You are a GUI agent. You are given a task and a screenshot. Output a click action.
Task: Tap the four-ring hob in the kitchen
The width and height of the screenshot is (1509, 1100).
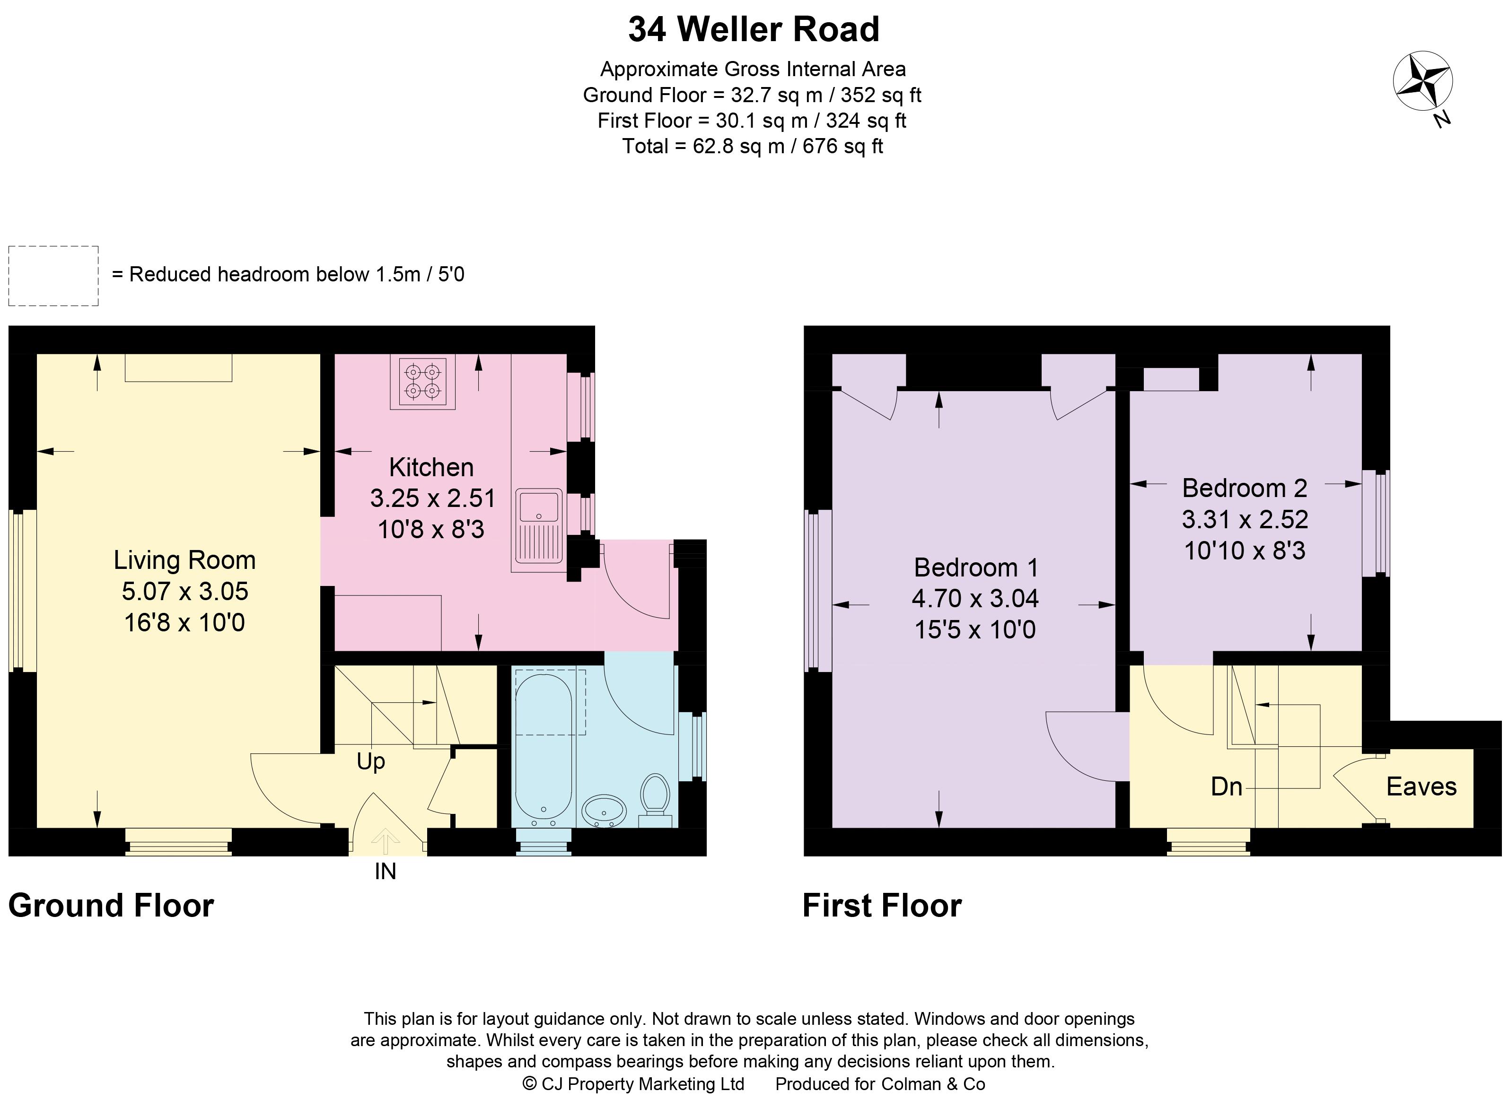[x=423, y=382]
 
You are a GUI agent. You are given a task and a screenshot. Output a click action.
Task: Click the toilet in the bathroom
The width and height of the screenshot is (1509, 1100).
[x=655, y=796]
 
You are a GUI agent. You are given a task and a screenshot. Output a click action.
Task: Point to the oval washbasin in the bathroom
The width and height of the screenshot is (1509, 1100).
[x=604, y=811]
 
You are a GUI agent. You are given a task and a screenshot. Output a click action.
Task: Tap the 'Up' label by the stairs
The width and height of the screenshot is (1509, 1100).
[x=370, y=761]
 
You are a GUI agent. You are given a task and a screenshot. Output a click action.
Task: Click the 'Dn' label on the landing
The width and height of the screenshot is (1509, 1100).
[x=1226, y=787]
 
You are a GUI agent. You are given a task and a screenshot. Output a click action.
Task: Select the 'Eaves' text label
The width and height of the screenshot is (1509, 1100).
[x=1421, y=787]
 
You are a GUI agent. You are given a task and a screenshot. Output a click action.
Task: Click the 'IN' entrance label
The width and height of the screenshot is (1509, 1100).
[x=385, y=872]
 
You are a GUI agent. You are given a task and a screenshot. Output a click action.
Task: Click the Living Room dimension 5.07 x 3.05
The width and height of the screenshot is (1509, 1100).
[x=185, y=591]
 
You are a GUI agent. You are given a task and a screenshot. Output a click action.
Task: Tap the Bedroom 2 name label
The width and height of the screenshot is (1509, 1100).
[x=1244, y=488]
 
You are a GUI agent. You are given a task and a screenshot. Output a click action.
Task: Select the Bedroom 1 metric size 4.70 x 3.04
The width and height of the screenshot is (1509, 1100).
[x=975, y=599]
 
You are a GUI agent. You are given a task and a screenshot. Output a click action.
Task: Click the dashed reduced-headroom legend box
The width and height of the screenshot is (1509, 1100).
[x=53, y=276]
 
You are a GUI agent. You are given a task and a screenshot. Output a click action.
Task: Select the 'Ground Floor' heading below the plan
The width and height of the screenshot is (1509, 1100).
[x=111, y=906]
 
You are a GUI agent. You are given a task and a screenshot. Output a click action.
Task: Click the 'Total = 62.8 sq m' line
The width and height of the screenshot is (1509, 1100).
[x=753, y=146]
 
